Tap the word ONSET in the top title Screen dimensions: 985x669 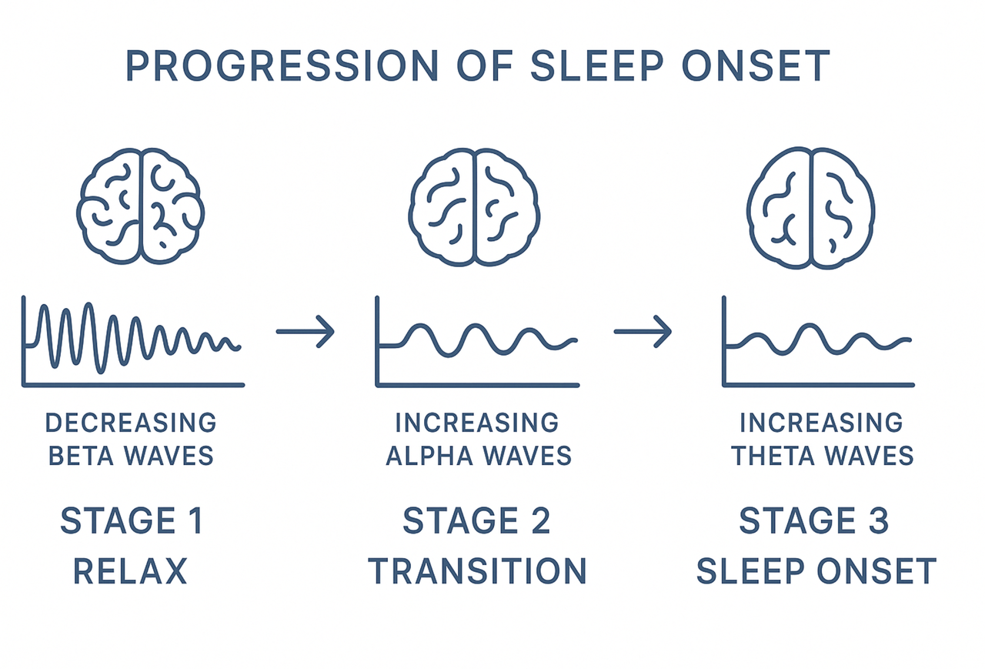(756, 65)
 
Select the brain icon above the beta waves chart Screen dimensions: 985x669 (140, 206)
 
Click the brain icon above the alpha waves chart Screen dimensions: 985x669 (474, 207)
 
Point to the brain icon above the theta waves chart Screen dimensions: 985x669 (811, 208)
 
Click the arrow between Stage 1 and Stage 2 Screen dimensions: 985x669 (306, 331)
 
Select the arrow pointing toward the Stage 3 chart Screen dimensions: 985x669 (643, 331)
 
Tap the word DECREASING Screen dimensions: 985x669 (131, 423)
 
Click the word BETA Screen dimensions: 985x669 (81, 455)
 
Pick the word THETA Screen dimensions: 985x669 (773, 455)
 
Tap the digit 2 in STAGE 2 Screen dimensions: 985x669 (540, 520)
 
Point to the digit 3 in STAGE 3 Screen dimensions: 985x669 (879, 520)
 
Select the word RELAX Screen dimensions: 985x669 (130, 571)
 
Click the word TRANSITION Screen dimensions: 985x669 (477, 571)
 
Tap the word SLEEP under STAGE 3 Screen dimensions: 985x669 (750, 571)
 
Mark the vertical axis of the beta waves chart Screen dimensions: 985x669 (24, 341)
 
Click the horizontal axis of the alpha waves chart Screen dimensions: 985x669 (478, 385)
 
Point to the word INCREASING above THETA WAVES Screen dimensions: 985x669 (821, 423)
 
